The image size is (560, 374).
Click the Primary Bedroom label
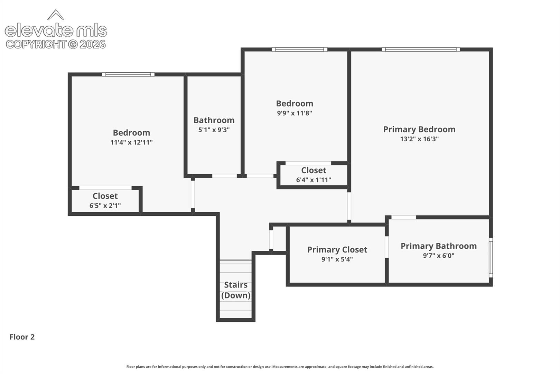[419, 130]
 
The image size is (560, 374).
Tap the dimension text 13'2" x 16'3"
[419, 139]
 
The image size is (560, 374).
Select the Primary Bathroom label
[439, 246]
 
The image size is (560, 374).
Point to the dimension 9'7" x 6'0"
[439, 256]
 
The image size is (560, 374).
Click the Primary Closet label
[337, 250]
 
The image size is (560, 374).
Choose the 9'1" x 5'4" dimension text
[337, 259]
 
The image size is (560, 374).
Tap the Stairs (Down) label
[236, 290]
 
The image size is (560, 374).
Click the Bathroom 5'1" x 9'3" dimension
[214, 130]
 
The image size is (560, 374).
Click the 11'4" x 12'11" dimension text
[131, 143]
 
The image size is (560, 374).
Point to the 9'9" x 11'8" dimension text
[295, 113]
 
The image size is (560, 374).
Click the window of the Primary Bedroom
[421, 50]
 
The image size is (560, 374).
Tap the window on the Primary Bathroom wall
[491, 258]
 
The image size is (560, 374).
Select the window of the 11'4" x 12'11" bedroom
[128, 74]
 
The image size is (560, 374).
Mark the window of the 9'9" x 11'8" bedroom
[299, 50]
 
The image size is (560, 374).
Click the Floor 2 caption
[22, 337]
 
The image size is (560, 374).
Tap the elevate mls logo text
[56, 30]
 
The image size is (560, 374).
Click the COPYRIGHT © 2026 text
[56, 45]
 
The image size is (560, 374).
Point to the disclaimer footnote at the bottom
[280, 367]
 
